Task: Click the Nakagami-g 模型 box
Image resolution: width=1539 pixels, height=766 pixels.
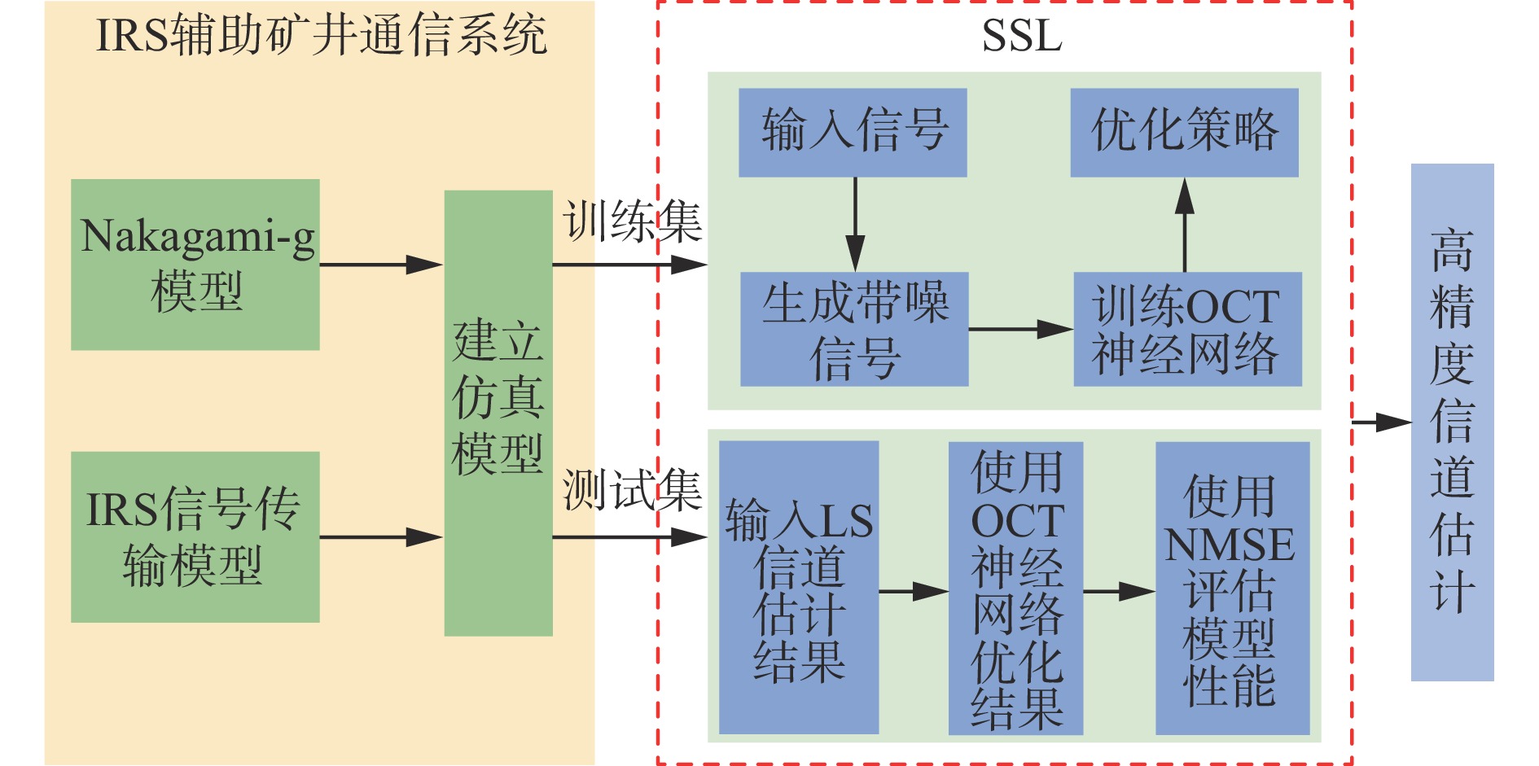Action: coord(195,265)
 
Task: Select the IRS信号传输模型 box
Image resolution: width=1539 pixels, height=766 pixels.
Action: coord(195,537)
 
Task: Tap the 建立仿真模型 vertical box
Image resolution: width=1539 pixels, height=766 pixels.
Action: coord(498,413)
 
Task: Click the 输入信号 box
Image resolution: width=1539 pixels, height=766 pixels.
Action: coord(853,133)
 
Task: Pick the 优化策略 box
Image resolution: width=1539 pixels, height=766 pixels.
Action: coord(1184,133)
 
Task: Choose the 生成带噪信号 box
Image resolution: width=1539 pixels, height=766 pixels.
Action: coord(854,329)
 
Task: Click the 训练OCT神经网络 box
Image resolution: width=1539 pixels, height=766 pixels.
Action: coord(1187,329)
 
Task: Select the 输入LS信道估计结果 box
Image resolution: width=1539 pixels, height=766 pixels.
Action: coord(799,588)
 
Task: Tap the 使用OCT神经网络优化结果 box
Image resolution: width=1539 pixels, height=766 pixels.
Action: coord(1015,589)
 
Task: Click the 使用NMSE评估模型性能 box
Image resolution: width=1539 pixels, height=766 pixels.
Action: coord(1232,589)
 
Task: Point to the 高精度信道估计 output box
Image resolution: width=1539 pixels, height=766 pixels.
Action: coord(1452,422)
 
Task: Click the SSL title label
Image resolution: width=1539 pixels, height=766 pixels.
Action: coord(1022,37)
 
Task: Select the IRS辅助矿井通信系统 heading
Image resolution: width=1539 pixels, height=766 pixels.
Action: coord(321,37)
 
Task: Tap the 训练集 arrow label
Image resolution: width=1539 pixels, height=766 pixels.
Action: coord(633,221)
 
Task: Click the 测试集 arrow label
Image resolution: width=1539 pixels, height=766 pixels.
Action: coord(633,491)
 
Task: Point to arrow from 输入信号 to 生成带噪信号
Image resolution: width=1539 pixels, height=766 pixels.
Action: coord(855,224)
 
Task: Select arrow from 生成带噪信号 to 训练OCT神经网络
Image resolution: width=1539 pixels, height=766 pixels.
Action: coord(1020,330)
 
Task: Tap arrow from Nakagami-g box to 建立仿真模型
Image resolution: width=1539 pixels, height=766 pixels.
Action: coord(381,265)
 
